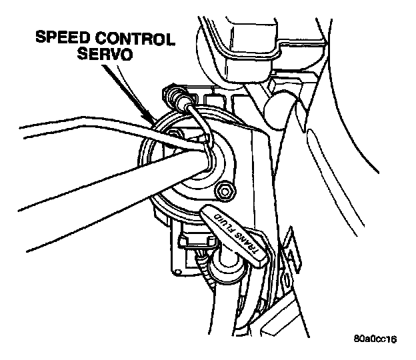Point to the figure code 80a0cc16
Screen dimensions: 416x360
click(x=375, y=339)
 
